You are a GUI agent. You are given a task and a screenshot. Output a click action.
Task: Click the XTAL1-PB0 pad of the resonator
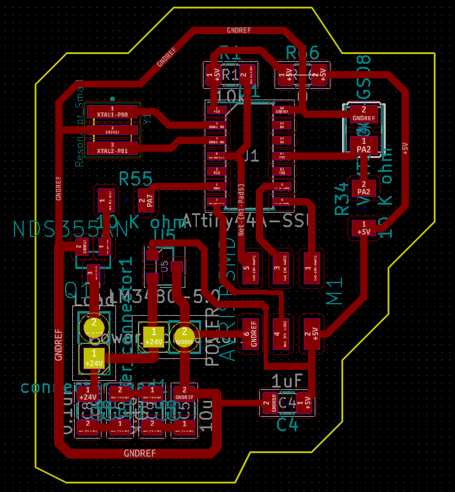tap(112, 113)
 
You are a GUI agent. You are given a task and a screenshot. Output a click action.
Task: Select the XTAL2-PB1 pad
tap(112, 148)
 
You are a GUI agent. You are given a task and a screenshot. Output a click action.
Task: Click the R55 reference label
tap(135, 179)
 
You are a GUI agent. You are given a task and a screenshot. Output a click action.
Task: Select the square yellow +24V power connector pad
tap(154, 336)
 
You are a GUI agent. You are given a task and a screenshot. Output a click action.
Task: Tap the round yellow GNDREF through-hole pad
tap(183, 335)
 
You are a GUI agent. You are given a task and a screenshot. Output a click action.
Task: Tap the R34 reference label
tap(342, 200)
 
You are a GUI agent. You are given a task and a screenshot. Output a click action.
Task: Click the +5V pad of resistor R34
tap(364, 229)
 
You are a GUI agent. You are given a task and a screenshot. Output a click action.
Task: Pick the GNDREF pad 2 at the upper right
tap(363, 114)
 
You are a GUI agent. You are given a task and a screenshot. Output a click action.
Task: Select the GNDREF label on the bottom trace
tap(140, 453)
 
